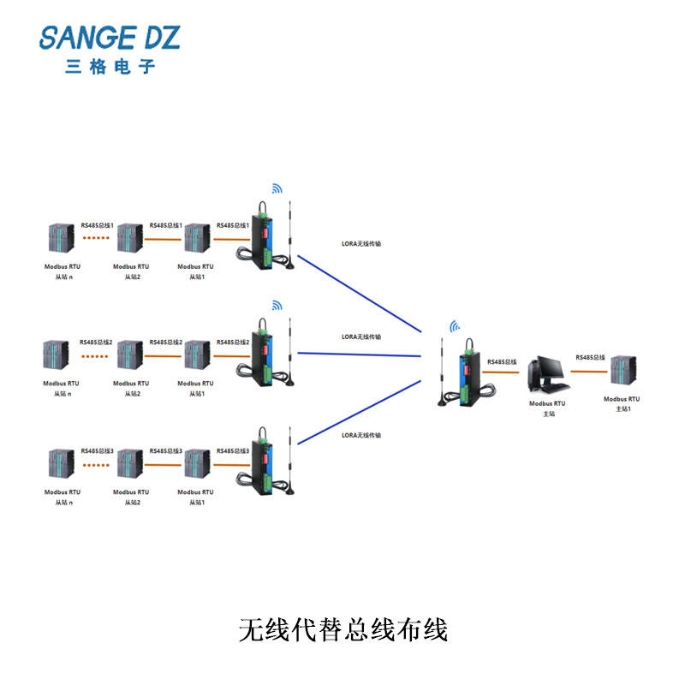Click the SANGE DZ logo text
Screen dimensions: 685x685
point(110,38)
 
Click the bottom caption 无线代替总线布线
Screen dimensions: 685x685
point(342,630)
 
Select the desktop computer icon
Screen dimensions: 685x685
point(545,375)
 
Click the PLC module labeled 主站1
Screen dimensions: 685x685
point(622,373)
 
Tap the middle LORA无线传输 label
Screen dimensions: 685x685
point(361,337)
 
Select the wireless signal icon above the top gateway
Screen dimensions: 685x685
point(277,188)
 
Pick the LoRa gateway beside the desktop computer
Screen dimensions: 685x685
point(468,372)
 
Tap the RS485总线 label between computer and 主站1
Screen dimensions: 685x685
point(590,357)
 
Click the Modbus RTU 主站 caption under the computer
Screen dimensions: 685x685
point(546,408)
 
